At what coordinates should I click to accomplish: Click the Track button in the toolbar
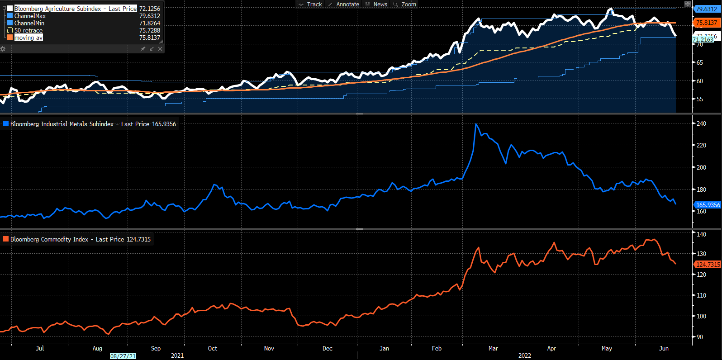[310, 4]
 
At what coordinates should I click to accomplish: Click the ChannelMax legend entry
[30, 16]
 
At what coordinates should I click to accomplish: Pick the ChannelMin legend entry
[29, 23]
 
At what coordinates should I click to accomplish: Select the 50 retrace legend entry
[28, 30]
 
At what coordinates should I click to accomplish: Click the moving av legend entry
[28, 38]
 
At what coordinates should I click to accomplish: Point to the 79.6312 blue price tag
[706, 9]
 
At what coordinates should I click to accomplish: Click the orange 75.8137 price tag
[706, 23]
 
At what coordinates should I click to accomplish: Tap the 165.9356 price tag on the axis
[708, 205]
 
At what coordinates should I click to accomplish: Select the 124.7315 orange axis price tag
[708, 265]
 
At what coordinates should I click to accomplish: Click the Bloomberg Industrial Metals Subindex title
[62, 124]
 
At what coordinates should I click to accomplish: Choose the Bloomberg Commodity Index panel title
[49, 239]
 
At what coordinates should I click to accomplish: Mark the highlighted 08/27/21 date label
[123, 356]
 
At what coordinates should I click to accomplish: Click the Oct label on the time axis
[213, 348]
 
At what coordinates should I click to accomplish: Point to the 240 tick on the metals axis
[701, 123]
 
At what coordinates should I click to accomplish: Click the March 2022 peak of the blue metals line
[476, 124]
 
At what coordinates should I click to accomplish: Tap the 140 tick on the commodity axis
[701, 234]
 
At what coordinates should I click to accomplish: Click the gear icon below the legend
[3, 49]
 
